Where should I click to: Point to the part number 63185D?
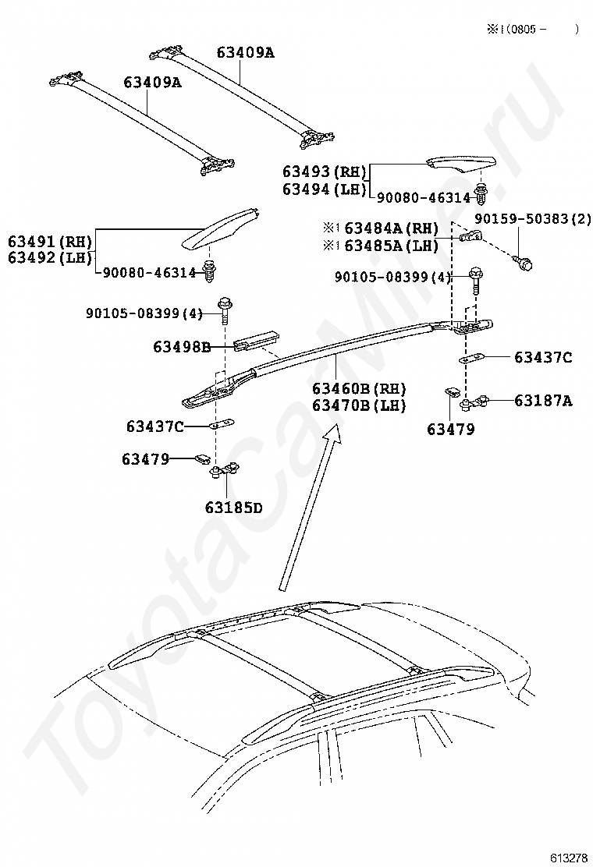pos(233,508)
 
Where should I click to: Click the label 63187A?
pos(543,401)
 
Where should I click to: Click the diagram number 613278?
pos(568,858)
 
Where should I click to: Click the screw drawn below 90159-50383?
pos(524,264)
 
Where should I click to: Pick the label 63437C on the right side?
pos(543,358)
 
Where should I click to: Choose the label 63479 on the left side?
pos(145,459)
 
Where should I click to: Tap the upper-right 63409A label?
pos(246,53)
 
